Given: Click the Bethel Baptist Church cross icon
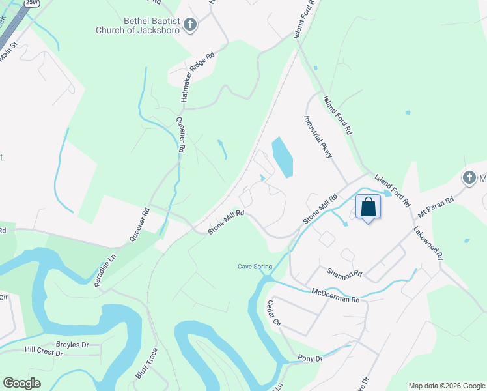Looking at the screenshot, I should click(x=189, y=25).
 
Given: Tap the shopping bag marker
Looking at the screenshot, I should click(x=368, y=207).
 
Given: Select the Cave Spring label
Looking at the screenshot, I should click(x=253, y=266).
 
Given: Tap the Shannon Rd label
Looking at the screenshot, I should click(x=344, y=274).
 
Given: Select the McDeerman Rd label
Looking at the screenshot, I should click(x=335, y=295).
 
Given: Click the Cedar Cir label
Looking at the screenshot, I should click(x=273, y=313).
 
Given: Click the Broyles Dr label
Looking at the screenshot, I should click(x=72, y=345).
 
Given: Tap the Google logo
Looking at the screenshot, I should click(x=21, y=383).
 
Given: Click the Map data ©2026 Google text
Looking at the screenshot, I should click(x=446, y=386).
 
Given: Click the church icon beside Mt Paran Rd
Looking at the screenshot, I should click(x=469, y=178).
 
